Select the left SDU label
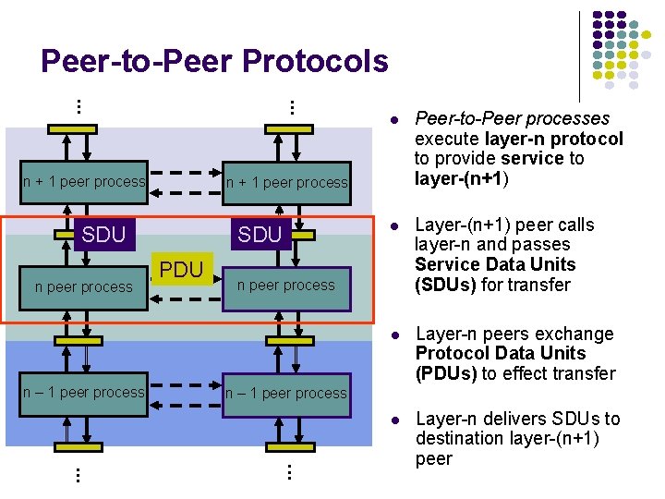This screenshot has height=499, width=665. pos(103,234)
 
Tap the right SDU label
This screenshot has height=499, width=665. pos(260,235)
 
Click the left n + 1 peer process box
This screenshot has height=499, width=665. pos(84,181)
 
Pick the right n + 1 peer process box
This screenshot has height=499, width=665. pos(287,182)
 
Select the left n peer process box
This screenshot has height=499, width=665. pos(84,286)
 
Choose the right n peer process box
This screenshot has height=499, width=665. pos(286,285)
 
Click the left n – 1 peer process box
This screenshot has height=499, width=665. pos(84,392)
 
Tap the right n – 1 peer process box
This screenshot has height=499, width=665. pos(286,393)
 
